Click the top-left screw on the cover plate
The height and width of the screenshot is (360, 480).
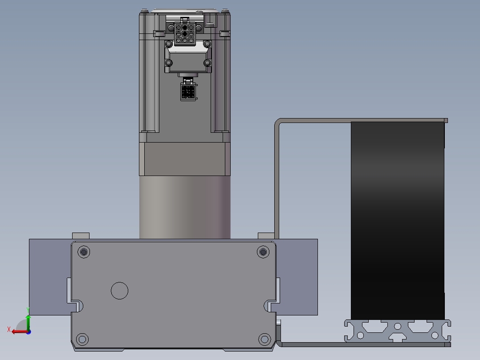point(84,252)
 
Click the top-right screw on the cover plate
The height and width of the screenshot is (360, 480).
point(263,252)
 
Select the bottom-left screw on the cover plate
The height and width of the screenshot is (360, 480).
point(82,339)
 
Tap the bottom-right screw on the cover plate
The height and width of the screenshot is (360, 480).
point(264,339)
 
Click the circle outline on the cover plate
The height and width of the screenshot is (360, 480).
point(119,291)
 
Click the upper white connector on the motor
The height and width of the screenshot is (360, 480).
point(185,33)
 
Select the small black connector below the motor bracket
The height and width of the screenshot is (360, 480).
point(188,92)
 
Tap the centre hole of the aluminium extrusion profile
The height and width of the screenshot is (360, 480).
point(397,326)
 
